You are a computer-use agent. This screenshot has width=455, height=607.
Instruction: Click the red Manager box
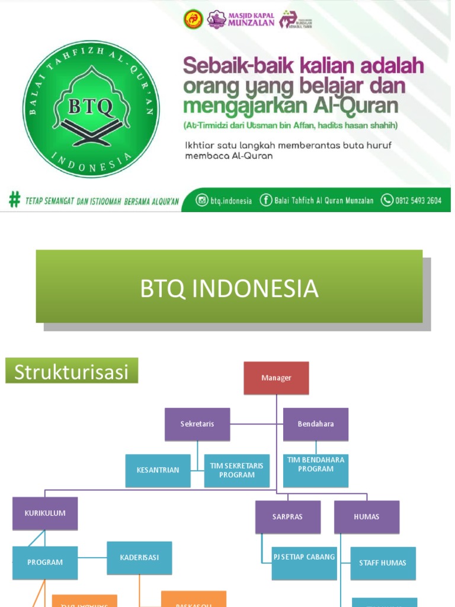click(276, 378)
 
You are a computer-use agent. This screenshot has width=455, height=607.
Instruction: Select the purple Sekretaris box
click(197, 424)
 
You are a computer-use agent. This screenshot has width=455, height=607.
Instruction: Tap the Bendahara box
click(316, 424)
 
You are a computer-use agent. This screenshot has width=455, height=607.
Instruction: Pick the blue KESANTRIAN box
click(158, 470)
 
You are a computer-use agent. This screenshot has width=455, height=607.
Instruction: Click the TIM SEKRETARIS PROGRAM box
click(236, 470)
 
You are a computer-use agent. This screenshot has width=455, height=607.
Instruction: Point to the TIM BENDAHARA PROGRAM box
click(316, 465)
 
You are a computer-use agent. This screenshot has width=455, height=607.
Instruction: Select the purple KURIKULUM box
click(45, 513)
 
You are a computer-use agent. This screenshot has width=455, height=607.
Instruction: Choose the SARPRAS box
click(287, 517)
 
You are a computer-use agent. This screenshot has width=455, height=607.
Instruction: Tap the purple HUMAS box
click(366, 517)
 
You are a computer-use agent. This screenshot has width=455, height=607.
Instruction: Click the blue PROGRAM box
click(45, 563)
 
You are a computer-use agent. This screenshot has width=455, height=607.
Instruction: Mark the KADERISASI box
click(139, 558)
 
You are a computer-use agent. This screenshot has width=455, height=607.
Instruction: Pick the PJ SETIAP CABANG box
click(304, 558)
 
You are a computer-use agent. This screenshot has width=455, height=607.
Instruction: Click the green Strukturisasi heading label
click(72, 372)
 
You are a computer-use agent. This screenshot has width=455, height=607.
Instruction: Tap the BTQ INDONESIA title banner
click(229, 289)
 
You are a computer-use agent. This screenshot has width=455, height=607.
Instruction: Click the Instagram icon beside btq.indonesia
click(203, 200)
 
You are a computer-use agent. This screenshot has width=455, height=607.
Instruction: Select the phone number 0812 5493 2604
click(419, 201)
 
